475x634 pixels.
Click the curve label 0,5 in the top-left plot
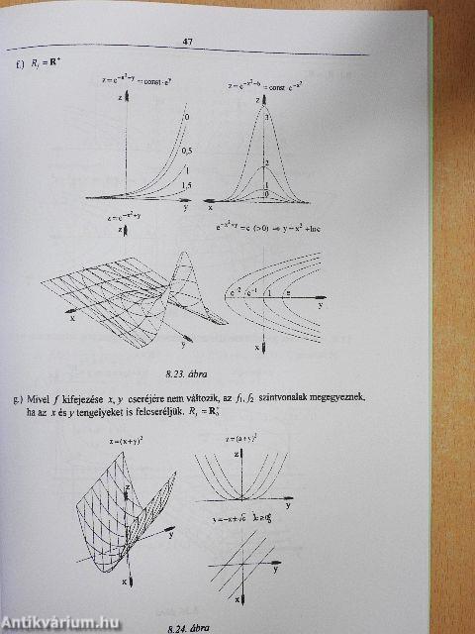coord(185,151)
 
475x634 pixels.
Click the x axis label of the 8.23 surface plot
coord(71,319)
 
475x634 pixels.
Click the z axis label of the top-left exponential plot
coord(118,100)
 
